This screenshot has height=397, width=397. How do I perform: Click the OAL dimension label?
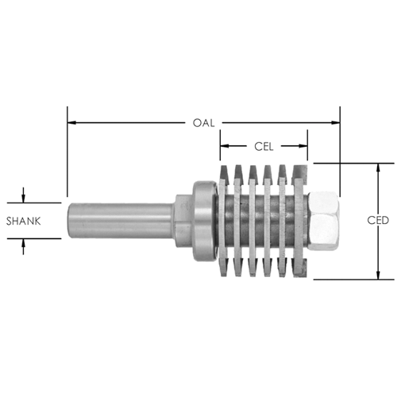tap(203, 123)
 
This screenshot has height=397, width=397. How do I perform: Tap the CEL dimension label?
tap(264, 146)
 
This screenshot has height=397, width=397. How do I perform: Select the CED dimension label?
tap(378, 220)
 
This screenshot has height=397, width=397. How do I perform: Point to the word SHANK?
tap(24, 221)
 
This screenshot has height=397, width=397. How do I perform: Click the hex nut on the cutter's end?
tap(323, 222)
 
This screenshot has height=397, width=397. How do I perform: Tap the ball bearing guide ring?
tap(205, 221)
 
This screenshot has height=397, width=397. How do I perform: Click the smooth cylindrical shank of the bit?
tap(120, 221)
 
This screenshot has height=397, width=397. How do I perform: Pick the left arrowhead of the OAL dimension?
tap(71, 123)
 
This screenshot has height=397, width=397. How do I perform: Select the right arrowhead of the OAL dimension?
tap(336, 122)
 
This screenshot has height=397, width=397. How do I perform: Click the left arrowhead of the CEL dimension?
tap(225, 146)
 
